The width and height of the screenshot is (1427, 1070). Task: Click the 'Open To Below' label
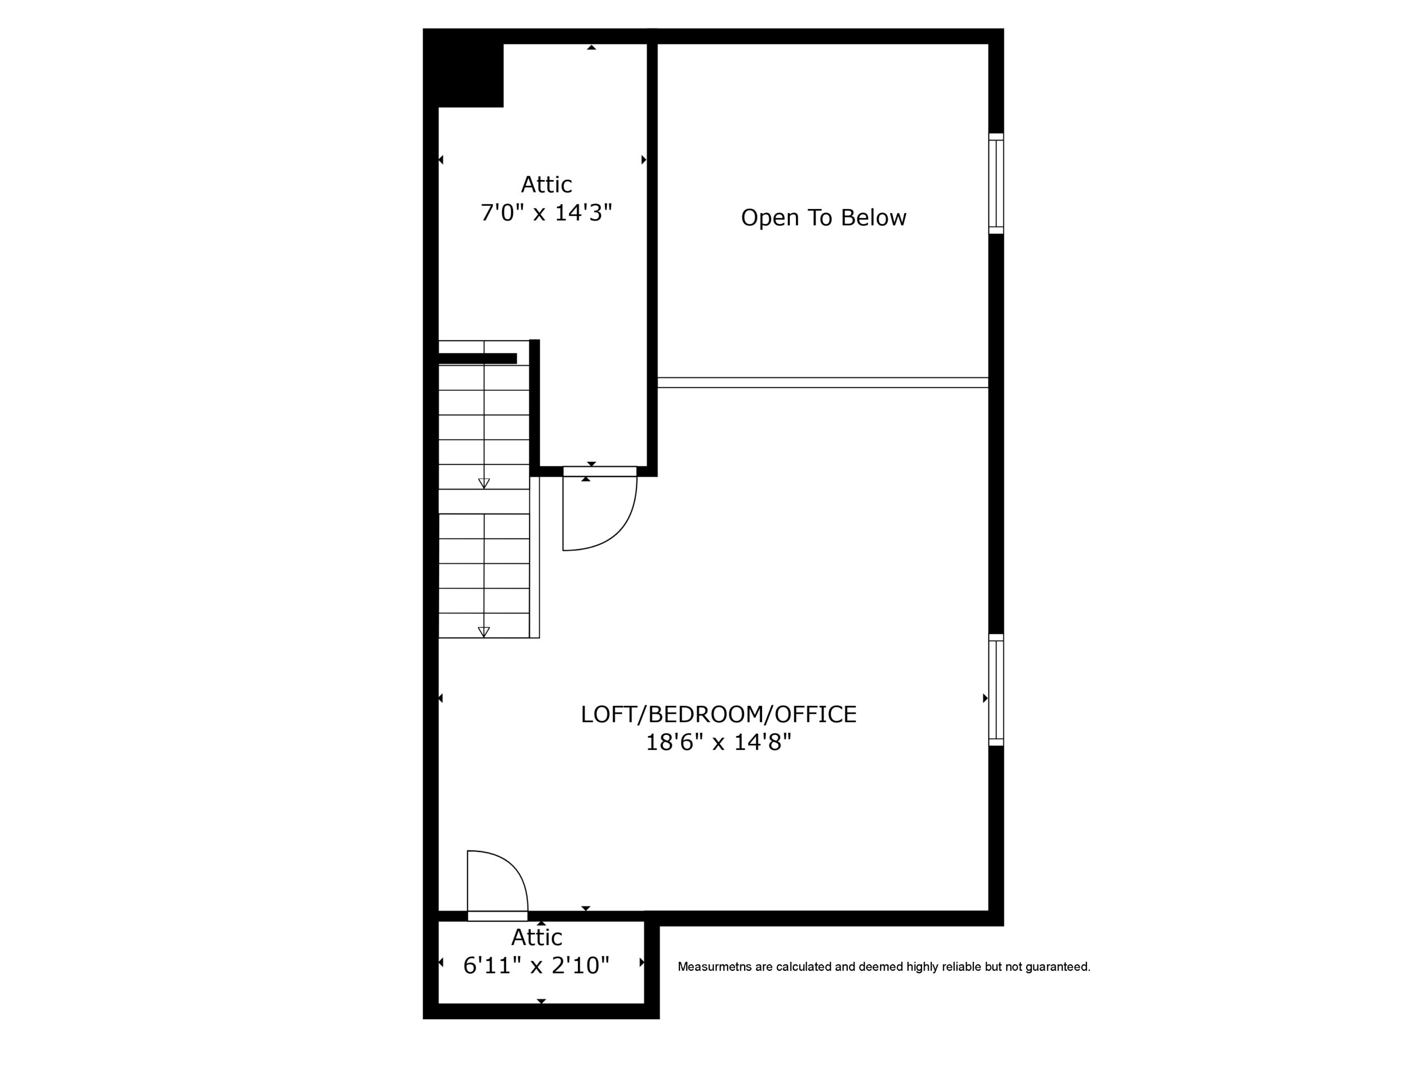(823, 217)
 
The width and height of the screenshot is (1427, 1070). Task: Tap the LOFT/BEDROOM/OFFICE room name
(718, 714)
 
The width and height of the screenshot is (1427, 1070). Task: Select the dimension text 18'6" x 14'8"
(718, 742)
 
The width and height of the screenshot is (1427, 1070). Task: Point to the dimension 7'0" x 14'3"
(546, 212)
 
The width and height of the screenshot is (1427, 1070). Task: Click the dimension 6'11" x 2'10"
(536, 965)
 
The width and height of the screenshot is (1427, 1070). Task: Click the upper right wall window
(996, 183)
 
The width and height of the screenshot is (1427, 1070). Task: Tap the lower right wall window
(996, 690)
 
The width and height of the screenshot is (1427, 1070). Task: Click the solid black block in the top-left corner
(464, 69)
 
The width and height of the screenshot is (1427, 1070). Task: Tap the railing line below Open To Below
(823, 383)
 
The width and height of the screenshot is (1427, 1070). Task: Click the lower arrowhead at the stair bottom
(484, 632)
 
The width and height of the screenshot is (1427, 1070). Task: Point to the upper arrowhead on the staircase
(484, 483)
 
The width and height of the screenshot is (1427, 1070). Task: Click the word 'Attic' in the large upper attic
(546, 185)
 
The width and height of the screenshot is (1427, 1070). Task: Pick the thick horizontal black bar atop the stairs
(477, 358)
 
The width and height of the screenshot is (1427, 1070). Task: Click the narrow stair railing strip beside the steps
(535, 557)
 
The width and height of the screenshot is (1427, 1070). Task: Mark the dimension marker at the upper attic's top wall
(591, 47)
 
